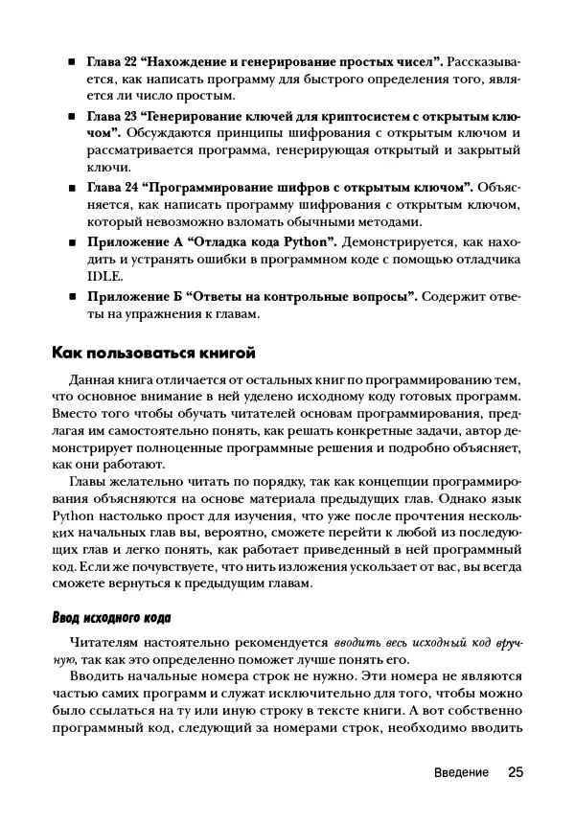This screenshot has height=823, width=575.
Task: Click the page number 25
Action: point(516,772)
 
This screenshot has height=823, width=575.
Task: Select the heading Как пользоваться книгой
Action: point(152,353)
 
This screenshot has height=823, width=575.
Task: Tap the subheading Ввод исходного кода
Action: point(110,617)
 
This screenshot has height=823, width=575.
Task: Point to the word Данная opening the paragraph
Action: point(84,381)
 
